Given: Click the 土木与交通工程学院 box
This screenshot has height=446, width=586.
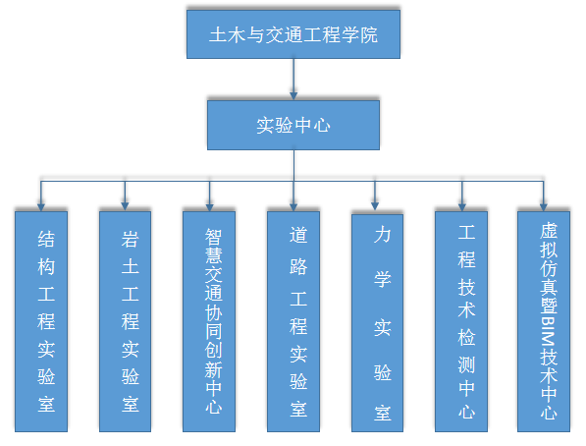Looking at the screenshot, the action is [x=293, y=34].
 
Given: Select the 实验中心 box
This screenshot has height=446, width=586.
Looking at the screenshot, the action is [x=293, y=125].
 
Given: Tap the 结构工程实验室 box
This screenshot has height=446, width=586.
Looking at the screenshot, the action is [x=41, y=321].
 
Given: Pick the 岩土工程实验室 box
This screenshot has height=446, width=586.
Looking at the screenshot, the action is [x=126, y=321].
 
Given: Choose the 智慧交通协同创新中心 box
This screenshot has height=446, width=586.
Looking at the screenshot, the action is [x=209, y=321].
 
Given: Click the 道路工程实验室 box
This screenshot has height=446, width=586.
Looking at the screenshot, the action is [x=293, y=321].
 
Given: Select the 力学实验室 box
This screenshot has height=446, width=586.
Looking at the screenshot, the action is [x=377, y=323].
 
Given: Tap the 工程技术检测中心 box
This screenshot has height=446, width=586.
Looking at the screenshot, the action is [x=461, y=321].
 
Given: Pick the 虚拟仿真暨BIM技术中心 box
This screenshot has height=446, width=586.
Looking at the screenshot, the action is [x=544, y=321].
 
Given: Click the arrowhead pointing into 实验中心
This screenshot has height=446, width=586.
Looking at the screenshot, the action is [x=293, y=96].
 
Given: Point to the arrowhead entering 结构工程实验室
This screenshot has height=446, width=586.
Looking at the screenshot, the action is [x=41, y=207].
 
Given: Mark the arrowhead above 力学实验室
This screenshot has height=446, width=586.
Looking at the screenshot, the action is [x=375, y=206].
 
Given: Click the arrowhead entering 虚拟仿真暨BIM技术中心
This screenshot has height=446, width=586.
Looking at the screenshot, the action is [x=544, y=207].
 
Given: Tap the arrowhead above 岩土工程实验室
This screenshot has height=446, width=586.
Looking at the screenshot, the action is [x=125, y=206].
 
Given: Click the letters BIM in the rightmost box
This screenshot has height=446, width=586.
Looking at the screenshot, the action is [x=549, y=332].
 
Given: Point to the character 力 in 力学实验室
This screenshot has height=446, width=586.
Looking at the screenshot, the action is [x=382, y=235].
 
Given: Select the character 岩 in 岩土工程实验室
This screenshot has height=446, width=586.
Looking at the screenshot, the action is [x=130, y=239].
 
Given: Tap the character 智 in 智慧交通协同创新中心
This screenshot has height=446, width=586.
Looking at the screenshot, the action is [x=213, y=236].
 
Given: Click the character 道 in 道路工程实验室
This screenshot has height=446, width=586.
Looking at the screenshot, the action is [x=298, y=235].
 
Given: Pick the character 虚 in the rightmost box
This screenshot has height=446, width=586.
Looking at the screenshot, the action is [x=549, y=231].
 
